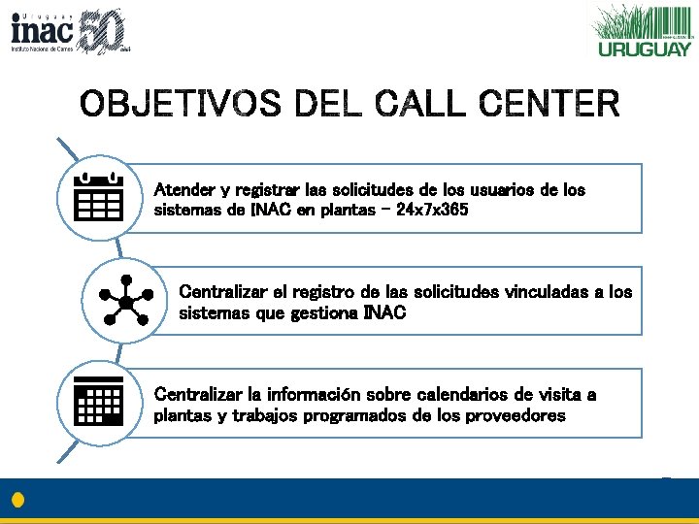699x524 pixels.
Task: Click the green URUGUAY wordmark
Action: [x=645, y=49]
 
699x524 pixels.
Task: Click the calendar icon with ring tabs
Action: [x=98, y=197]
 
